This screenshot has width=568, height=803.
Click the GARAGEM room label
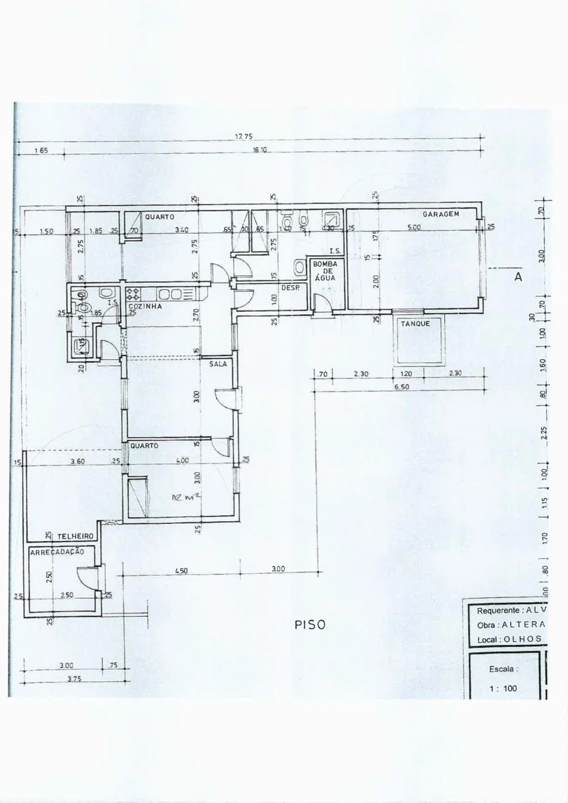(441, 214)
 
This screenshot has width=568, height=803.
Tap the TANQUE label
(415, 324)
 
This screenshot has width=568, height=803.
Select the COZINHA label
(145, 306)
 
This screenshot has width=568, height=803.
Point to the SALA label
(218, 364)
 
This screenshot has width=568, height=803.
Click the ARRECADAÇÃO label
(57, 552)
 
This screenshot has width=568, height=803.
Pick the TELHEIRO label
(75, 537)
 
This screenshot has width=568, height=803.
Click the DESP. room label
(291, 288)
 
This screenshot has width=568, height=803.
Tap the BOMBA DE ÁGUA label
(325, 270)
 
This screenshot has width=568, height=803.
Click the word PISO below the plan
(310, 625)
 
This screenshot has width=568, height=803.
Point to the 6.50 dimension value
(402, 387)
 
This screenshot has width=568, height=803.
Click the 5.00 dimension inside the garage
(414, 227)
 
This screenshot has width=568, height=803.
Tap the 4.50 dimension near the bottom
(181, 571)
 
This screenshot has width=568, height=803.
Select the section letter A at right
(518, 277)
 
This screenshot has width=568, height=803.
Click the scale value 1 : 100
(504, 689)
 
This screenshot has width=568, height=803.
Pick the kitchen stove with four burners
(133, 293)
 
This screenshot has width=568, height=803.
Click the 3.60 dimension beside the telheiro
(78, 462)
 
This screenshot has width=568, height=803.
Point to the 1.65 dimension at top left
(41, 150)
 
